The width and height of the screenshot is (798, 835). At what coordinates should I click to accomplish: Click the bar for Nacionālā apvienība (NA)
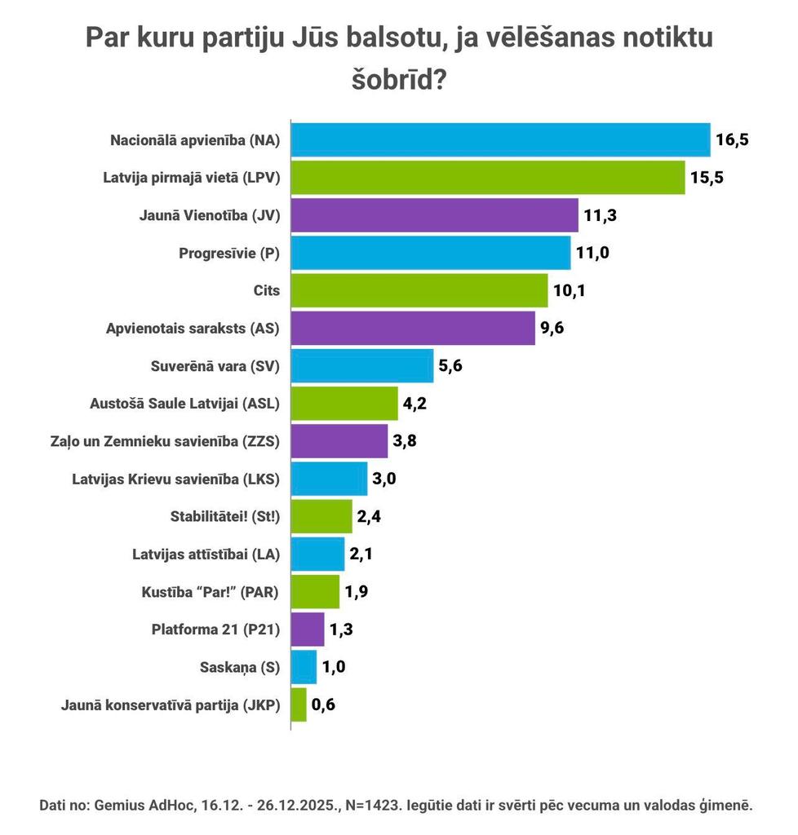point(500,139)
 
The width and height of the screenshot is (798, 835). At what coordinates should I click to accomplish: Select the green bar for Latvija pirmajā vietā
point(488,178)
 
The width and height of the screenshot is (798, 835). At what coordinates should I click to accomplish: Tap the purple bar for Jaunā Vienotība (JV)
point(434,215)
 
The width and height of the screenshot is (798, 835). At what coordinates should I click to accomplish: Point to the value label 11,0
point(593,253)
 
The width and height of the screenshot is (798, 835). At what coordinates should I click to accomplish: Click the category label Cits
point(267,290)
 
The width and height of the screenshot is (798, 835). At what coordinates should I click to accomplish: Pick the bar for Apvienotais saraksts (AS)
point(413,328)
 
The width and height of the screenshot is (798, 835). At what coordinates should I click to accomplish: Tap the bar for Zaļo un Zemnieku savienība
point(339,441)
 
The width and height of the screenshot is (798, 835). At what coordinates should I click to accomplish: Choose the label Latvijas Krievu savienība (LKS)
point(176,479)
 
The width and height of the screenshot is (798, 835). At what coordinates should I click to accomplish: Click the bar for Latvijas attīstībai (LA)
point(318,554)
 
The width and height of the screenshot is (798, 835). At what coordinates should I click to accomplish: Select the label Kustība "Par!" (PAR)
point(210,592)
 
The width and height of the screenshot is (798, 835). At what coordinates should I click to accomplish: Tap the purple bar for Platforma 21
point(308,630)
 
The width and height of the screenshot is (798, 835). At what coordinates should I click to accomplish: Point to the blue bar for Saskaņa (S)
point(304,667)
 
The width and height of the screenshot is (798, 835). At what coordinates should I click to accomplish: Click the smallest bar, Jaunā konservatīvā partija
point(299,705)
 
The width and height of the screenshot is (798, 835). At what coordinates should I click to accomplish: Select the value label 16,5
point(732,139)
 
